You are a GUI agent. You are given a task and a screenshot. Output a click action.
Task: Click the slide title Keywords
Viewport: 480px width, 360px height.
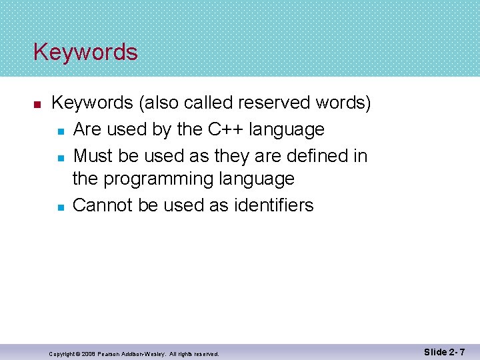[85, 52]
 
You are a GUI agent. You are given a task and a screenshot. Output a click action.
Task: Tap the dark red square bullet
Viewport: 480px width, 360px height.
[38, 105]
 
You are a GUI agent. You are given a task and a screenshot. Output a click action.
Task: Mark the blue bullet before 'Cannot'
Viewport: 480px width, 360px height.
[59, 207]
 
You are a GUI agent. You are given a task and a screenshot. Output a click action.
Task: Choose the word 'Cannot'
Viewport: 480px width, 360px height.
[103, 205]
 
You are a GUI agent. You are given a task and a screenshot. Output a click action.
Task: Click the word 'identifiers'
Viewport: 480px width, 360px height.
[273, 205]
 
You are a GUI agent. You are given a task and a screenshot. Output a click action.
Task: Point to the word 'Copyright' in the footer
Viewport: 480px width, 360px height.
[62, 354]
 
